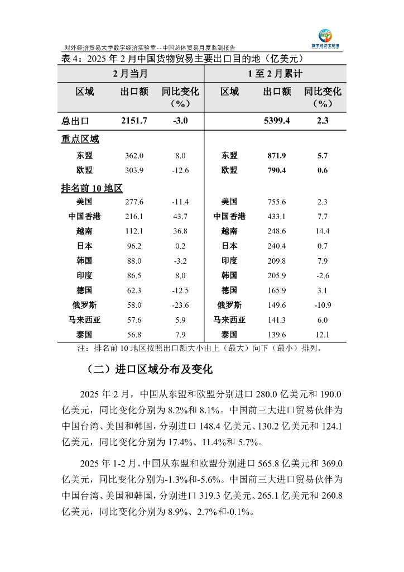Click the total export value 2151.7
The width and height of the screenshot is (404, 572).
point(134,121)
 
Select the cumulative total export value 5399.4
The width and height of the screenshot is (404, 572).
point(277,121)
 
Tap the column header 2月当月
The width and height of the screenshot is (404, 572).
point(131,74)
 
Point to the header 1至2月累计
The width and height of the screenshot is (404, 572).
point(276,74)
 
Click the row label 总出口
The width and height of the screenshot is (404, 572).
point(75,121)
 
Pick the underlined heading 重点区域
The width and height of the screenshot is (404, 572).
point(80,140)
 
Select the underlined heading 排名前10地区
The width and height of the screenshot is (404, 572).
point(92,188)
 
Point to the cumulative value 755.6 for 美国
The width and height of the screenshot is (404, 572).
point(277,202)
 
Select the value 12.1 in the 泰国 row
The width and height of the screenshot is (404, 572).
point(323,335)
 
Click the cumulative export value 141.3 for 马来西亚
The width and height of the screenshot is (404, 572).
point(277,320)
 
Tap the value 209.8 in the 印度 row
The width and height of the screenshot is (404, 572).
point(277,261)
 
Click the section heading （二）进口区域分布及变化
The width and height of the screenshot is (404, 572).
point(150,369)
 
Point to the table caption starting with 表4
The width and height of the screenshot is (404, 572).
point(181,58)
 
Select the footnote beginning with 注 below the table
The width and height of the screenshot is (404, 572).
point(199,349)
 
